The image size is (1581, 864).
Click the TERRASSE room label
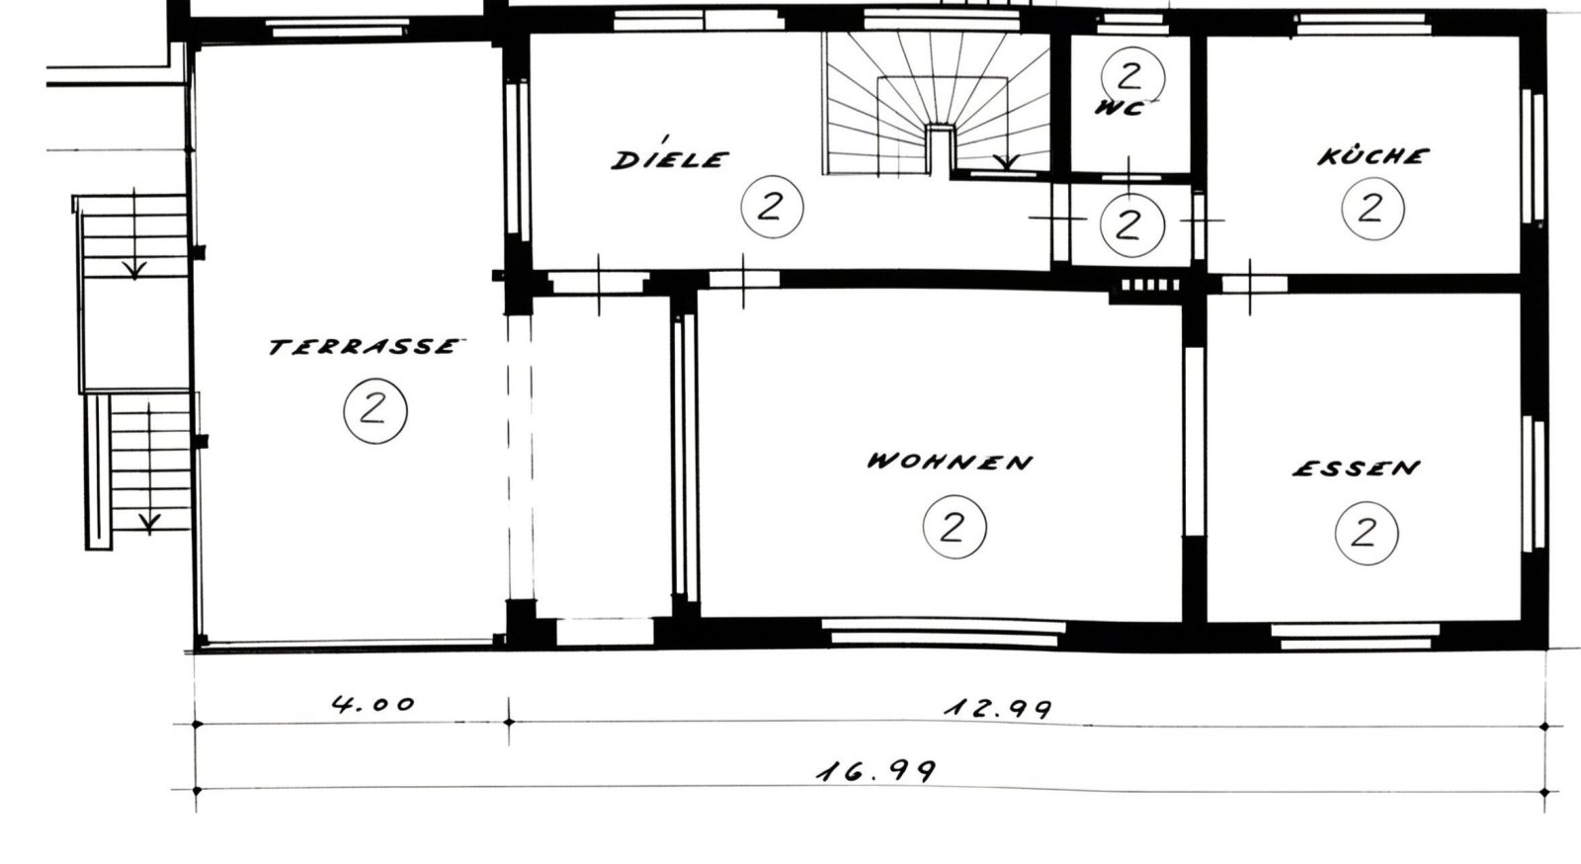[367, 346]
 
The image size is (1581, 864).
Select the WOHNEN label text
[950, 461]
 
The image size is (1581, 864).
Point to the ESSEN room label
[1356, 468]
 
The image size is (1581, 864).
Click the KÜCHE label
[1372, 155]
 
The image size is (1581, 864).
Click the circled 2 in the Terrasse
[375, 411]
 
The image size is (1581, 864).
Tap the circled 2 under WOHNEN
[955, 527]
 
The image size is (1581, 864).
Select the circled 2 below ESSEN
[1367, 534]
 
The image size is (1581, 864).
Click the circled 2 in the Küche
[1373, 209]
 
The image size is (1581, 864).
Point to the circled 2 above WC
[1132, 76]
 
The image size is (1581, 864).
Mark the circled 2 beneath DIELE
[772, 207]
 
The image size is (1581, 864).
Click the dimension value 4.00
[374, 704]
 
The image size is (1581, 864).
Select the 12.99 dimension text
[998, 708]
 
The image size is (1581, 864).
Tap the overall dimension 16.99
[876, 770]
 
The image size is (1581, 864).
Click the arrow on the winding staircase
[1007, 162]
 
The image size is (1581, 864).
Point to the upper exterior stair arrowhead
[134, 270]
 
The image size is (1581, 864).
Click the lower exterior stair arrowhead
[149, 523]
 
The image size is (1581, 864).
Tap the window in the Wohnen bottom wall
[944, 633]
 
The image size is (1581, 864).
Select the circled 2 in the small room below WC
[1132, 225]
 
